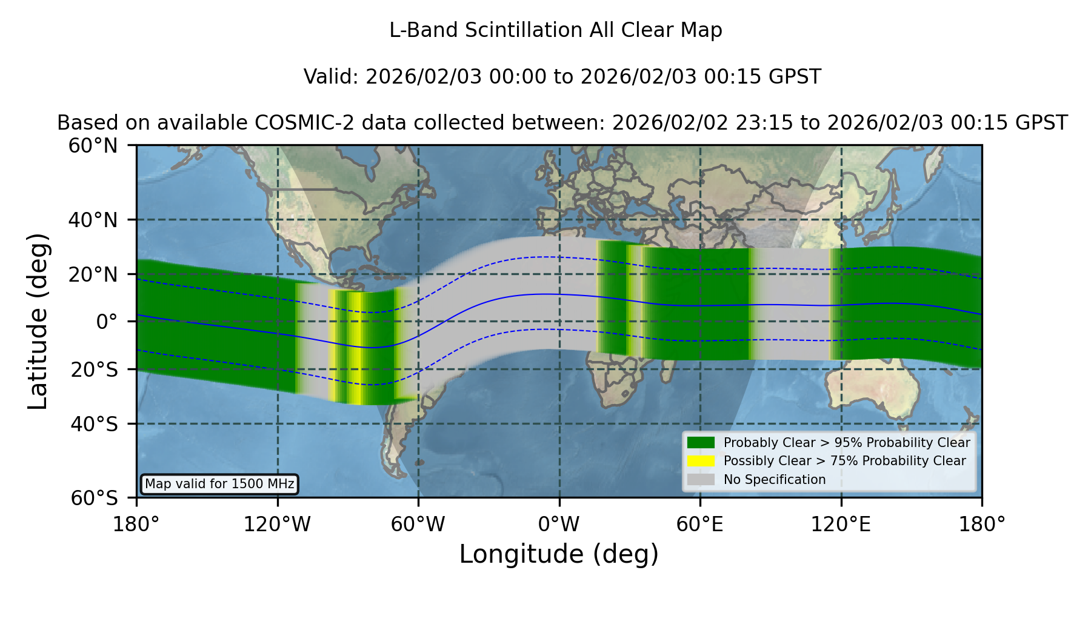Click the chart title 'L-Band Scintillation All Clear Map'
point(555,30)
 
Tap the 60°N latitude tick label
point(93,146)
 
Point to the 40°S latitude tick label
point(94,424)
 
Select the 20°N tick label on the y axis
point(93,274)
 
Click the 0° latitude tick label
point(107,322)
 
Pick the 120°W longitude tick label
point(277,524)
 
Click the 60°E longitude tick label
point(700,524)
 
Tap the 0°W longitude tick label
point(559,524)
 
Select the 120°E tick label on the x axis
point(841,524)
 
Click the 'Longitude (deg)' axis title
point(559,554)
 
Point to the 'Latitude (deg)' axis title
point(38,321)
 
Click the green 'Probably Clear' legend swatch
point(701,443)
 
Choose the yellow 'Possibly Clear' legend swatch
point(701,461)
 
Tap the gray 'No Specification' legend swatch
point(701,480)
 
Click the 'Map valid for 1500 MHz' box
point(219,484)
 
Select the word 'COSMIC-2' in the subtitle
point(291,123)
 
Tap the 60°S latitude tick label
point(94,498)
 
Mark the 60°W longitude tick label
point(418,524)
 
